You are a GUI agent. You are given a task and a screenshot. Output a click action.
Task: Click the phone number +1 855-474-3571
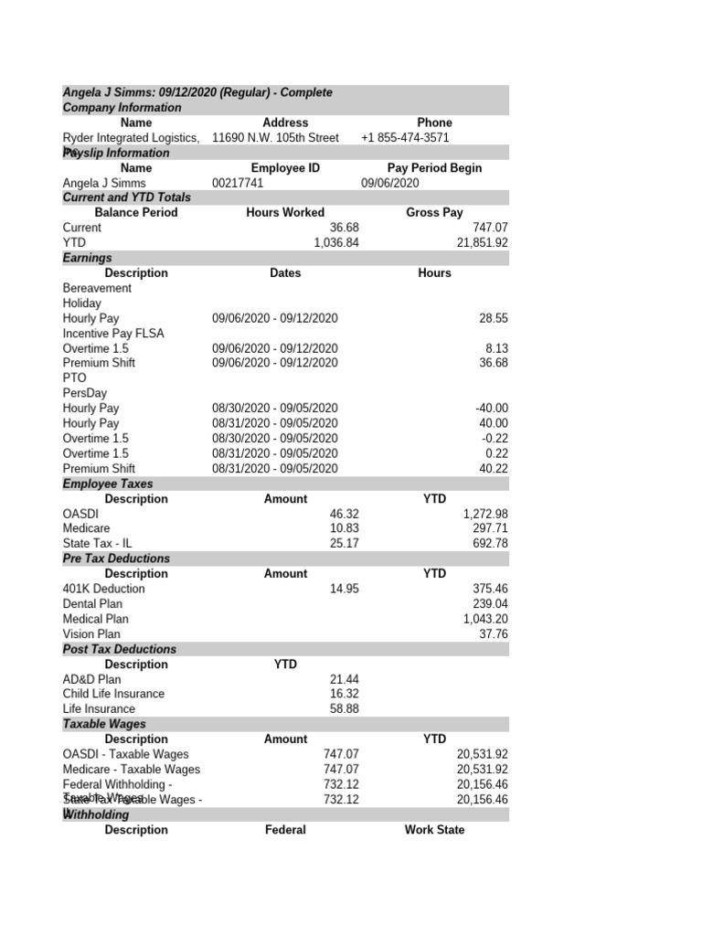pyautogui.click(x=405, y=138)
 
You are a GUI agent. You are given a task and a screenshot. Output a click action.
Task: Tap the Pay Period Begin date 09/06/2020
pyautogui.click(x=389, y=183)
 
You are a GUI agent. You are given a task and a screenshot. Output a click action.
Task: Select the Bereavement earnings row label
pyautogui.click(x=97, y=288)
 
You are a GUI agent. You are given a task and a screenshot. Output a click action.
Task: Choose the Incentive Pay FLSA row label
pyautogui.click(x=113, y=334)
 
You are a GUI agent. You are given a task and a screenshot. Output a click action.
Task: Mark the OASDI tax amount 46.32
pyautogui.click(x=345, y=515)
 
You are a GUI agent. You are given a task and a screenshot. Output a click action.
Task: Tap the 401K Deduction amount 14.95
pyautogui.click(x=345, y=589)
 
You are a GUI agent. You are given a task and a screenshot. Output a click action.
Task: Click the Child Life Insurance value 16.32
pyautogui.click(x=345, y=694)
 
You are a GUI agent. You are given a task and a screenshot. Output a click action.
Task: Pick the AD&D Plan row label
pyautogui.click(x=91, y=679)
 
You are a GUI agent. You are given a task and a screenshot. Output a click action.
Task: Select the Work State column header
pyautogui.click(x=434, y=830)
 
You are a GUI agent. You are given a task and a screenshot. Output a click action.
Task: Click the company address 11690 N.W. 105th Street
pyautogui.click(x=275, y=138)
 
